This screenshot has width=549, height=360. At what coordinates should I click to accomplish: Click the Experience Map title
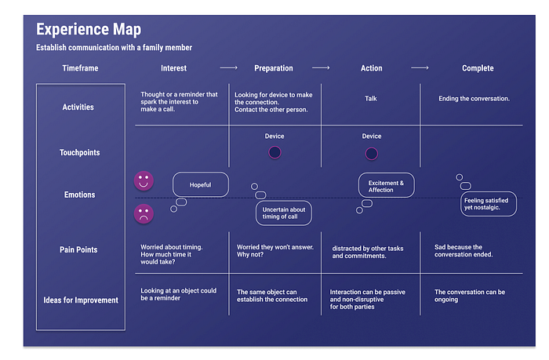89,30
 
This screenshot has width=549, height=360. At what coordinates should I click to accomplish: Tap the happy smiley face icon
144,180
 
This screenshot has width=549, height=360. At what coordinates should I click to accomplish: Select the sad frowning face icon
144,213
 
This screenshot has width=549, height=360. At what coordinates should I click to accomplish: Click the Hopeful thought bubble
201,184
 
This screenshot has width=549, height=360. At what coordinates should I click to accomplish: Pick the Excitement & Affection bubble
386,185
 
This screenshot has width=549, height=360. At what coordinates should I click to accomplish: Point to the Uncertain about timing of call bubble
284,213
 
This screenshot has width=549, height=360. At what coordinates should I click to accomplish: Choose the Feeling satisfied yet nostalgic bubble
489,204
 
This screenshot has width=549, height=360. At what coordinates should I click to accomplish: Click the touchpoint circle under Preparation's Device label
274,152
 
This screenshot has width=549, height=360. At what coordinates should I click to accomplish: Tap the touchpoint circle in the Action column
372,154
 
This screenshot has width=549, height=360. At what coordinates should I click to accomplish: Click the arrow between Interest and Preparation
229,68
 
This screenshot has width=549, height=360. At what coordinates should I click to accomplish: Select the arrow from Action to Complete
420,68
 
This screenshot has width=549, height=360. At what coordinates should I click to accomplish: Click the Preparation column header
274,68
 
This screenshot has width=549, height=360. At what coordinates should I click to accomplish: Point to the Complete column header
478,68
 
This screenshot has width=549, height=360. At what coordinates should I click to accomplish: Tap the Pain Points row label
78,249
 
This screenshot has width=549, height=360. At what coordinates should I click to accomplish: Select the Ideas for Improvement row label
81,300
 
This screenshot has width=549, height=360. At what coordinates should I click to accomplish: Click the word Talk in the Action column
371,98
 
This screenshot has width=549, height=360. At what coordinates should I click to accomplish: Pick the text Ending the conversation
474,99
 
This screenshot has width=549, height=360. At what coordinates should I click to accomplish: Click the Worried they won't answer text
275,251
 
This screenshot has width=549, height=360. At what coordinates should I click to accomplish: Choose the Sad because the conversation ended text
464,251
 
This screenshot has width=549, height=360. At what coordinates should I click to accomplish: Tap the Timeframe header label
80,68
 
